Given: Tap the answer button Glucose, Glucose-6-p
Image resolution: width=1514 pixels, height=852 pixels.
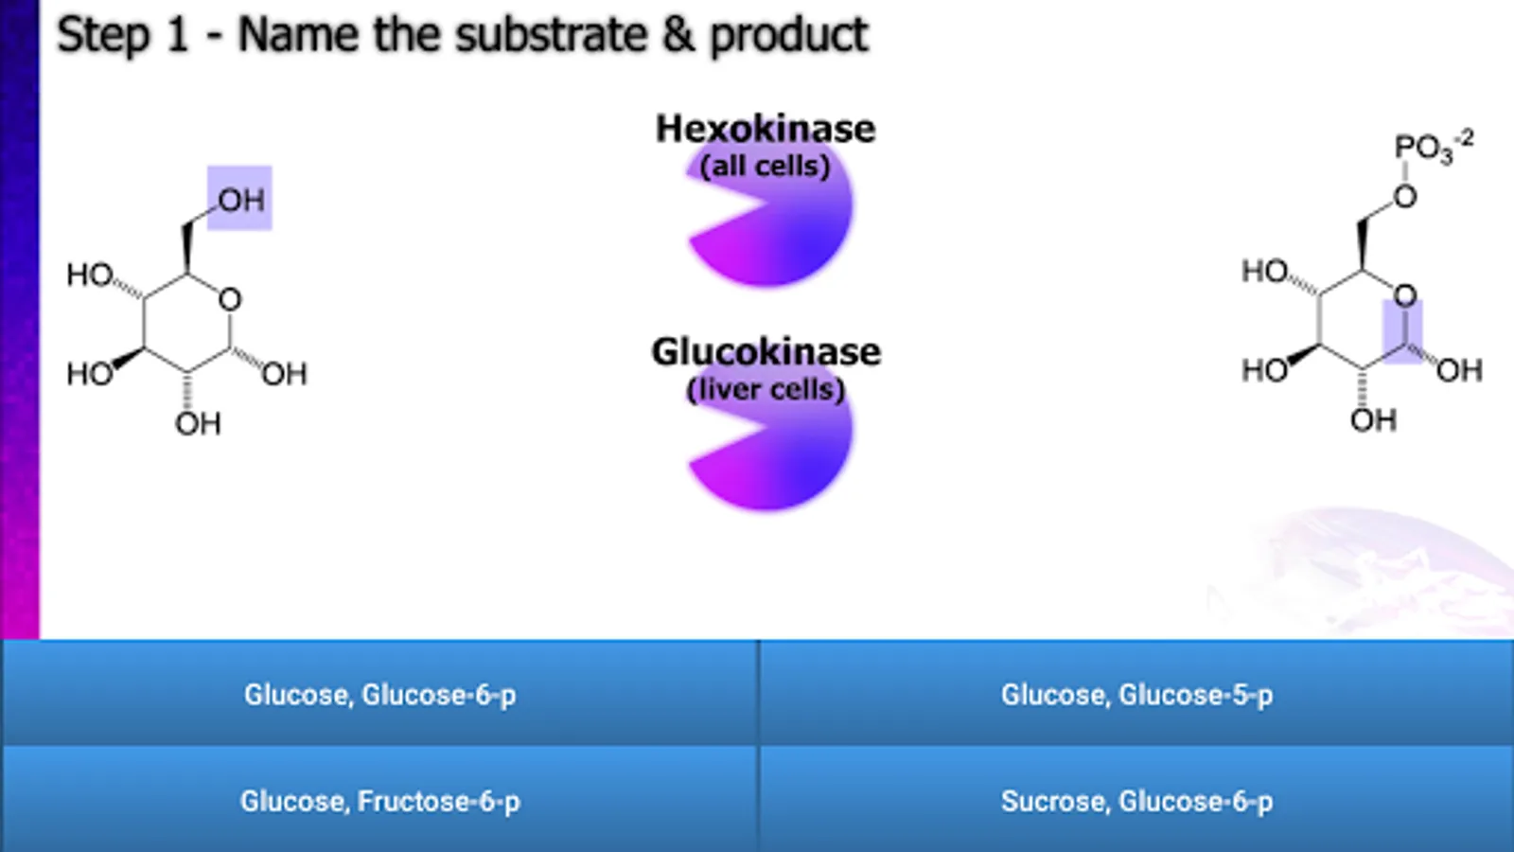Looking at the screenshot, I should (379, 694).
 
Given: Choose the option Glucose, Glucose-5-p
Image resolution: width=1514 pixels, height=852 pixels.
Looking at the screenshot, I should (1136, 694).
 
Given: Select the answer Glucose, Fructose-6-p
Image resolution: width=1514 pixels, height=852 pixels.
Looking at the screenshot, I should (379, 801).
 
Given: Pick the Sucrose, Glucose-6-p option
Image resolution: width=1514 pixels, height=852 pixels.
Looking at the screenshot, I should (1136, 801).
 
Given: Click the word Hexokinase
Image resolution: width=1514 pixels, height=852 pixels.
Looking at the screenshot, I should (766, 129).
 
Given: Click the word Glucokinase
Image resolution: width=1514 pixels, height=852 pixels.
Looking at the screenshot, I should (766, 351).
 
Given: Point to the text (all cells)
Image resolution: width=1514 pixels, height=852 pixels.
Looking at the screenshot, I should (766, 166).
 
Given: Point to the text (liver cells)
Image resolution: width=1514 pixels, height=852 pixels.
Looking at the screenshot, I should (766, 388).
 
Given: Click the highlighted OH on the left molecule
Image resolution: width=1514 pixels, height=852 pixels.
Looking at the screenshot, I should (240, 199).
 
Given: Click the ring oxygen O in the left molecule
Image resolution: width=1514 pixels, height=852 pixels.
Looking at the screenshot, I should (230, 300).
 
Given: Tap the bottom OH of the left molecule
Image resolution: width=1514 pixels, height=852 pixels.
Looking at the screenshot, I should (198, 423).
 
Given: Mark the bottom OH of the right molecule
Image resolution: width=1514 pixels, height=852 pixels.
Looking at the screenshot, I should (1373, 419).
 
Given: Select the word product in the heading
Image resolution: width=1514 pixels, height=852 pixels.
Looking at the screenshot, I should (788, 35).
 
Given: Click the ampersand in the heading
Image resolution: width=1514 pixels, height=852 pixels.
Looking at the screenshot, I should (678, 35).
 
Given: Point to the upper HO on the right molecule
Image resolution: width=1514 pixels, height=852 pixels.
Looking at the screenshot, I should (1265, 272).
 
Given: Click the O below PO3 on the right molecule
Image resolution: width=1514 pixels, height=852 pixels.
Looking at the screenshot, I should (1405, 196).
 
